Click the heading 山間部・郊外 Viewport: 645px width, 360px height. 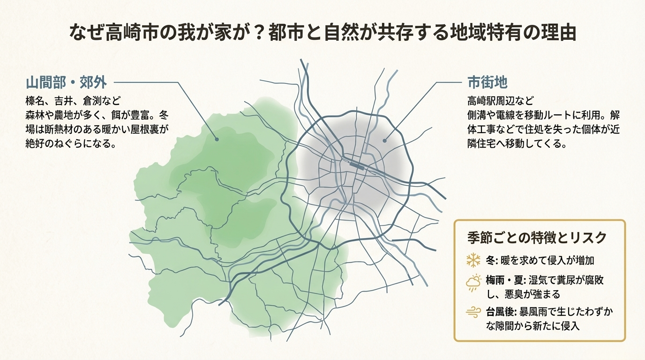tap(66, 83)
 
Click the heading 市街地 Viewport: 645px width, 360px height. tap(487, 83)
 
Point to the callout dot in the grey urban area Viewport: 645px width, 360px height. tap(384, 140)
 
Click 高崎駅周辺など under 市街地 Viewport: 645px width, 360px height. tap(501, 100)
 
